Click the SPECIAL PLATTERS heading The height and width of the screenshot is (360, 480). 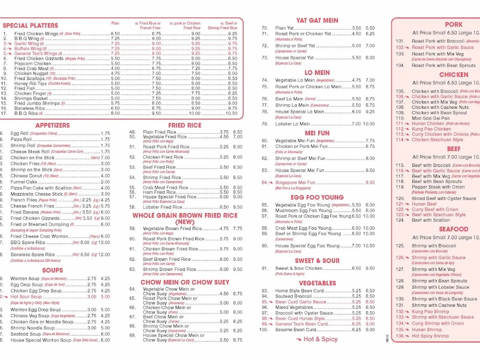(x=30, y=26)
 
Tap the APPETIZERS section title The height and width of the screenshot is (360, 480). (x=52, y=126)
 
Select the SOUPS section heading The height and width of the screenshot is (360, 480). (x=52, y=270)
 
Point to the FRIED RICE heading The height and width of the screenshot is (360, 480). (x=184, y=126)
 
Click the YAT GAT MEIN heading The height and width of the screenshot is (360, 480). (x=317, y=20)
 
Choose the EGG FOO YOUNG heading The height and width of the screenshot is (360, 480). (x=317, y=197)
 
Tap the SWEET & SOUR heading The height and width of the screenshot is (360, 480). (x=317, y=261)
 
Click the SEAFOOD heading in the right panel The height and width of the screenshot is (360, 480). (x=453, y=229)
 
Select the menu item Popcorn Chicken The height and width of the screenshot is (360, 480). (x=33, y=64)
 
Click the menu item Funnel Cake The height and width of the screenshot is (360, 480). (x=24, y=182)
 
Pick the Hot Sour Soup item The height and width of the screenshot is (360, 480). (x=26, y=297)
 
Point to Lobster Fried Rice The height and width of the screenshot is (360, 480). (x=162, y=207)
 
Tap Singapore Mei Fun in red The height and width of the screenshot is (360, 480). (x=295, y=182)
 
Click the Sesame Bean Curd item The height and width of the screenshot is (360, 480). (x=295, y=330)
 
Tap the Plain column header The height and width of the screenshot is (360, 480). (x=115, y=23)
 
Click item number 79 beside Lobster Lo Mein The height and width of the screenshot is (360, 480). (x=265, y=124)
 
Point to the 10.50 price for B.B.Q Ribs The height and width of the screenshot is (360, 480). (x=232, y=114)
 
